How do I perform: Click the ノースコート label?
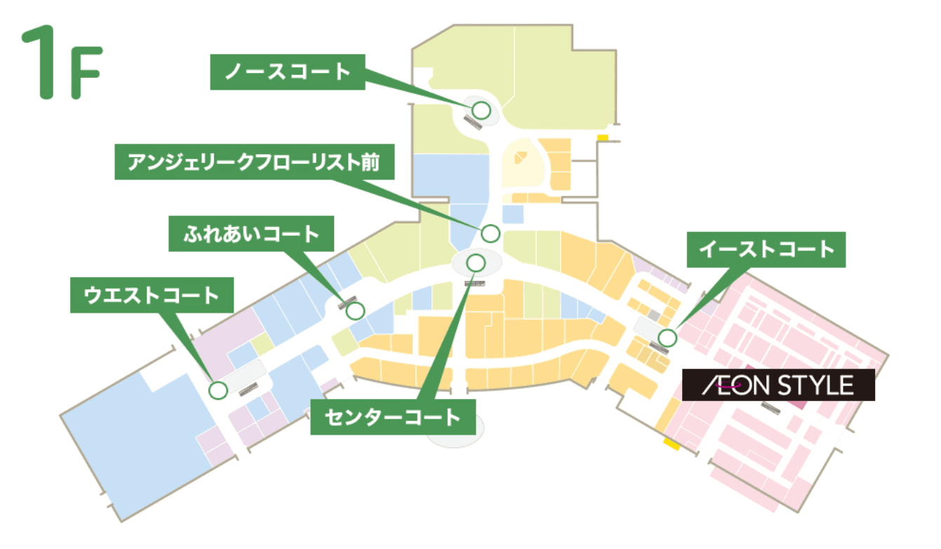click(x=288, y=72)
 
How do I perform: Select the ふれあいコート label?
click(x=251, y=233)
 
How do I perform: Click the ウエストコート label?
click(x=152, y=295)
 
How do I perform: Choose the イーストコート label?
click(x=766, y=250)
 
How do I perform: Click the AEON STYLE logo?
click(x=778, y=385)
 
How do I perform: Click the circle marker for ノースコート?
click(x=481, y=110)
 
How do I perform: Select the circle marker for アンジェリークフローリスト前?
click(x=490, y=233)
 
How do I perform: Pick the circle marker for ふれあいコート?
click(x=356, y=310)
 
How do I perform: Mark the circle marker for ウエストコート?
click(x=218, y=390)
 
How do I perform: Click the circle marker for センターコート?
click(x=476, y=263)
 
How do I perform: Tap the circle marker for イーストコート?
click(x=667, y=337)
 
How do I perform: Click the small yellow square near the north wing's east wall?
click(x=602, y=137)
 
